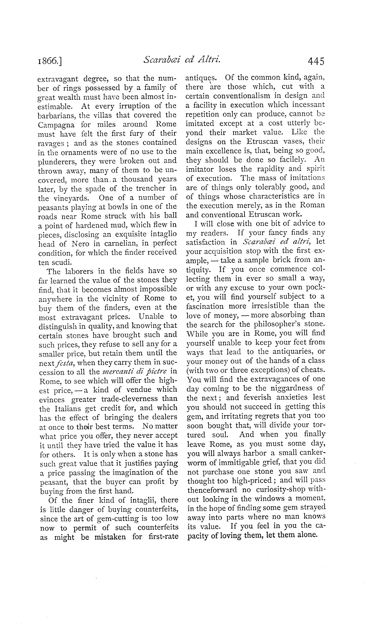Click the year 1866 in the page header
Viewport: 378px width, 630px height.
51,62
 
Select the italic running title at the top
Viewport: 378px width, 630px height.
183,61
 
